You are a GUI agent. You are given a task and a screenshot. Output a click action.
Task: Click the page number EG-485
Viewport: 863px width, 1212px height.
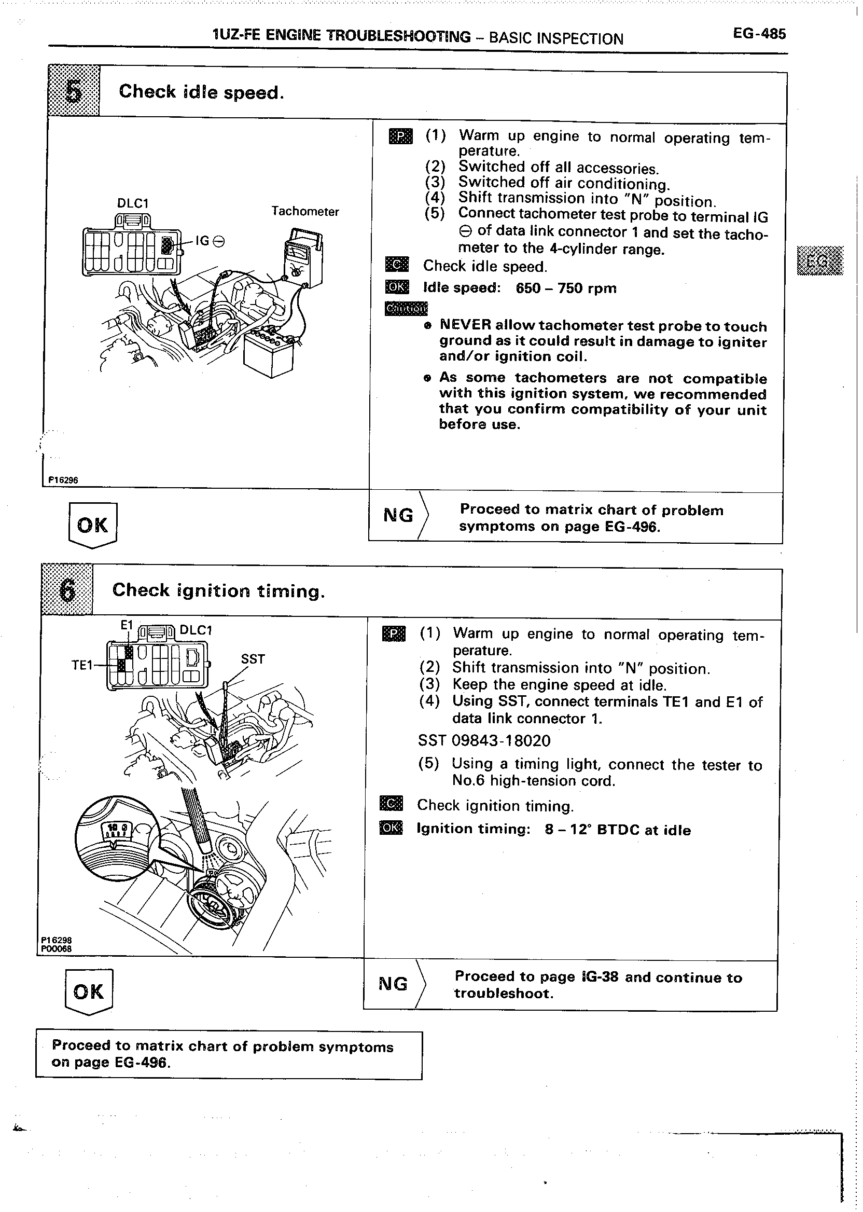(x=758, y=35)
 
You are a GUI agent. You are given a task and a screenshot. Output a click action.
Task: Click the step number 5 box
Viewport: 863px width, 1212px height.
(x=74, y=91)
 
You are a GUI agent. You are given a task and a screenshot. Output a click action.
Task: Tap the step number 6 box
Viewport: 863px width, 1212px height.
(x=67, y=589)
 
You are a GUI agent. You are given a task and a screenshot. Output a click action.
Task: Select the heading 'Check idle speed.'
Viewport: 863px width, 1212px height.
(x=201, y=92)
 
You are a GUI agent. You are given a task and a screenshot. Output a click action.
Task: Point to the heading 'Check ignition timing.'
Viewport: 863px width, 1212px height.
(x=218, y=590)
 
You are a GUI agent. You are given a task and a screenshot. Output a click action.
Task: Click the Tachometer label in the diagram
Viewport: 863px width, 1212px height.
(x=304, y=212)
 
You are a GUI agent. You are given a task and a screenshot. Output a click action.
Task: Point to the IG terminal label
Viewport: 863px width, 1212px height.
(x=210, y=241)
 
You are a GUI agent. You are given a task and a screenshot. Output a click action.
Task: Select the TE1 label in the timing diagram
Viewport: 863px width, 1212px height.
(x=82, y=665)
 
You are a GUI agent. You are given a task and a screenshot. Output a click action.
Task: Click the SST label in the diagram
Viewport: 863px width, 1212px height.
(x=253, y=659)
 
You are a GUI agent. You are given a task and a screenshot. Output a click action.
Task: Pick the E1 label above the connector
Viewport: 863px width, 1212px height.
(x=126, y=626)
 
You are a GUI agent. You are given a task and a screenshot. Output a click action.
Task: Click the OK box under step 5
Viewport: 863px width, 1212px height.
(x=92, y=525)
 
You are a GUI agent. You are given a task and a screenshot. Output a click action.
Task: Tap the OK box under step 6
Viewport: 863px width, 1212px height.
(x=89, y=991)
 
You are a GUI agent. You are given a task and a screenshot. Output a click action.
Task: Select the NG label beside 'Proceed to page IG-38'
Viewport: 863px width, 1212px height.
(x=393, y=984)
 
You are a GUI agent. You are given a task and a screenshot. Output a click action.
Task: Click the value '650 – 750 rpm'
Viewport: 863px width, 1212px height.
(x=566, y=288)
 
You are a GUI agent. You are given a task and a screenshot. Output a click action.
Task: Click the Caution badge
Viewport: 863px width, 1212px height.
(x=406, y=308)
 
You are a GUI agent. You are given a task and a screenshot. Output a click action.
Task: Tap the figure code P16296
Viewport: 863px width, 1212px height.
(x=63, y=480)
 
